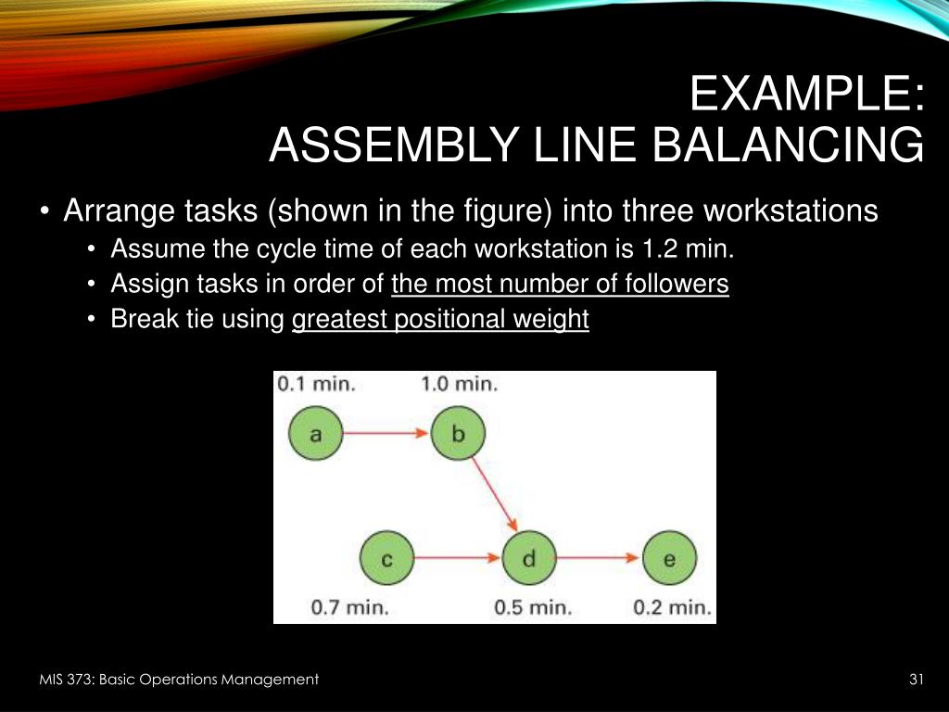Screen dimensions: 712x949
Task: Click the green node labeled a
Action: click(315, 433)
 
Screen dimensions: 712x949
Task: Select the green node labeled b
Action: click(458, 433)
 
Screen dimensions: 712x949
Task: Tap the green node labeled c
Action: click(387, 559)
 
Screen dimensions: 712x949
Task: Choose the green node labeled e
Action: click(670, 559)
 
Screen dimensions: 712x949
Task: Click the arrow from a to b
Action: click(386, 433)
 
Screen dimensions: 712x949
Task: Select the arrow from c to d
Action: click(458, 559)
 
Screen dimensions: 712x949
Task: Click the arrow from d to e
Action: click(600, 559)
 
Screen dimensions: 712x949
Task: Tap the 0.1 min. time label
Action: click(315, 383)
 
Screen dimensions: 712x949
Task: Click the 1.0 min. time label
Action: click(459, 383)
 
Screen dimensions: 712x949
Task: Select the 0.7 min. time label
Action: click(349, 608)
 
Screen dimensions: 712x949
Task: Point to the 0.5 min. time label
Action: click(532, 608)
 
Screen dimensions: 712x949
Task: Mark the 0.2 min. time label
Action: click(672, 608)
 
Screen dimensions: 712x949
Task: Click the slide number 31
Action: click(917, 680)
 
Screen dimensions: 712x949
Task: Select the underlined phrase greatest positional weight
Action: click(440, 320)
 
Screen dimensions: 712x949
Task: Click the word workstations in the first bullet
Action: click(790, 211)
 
